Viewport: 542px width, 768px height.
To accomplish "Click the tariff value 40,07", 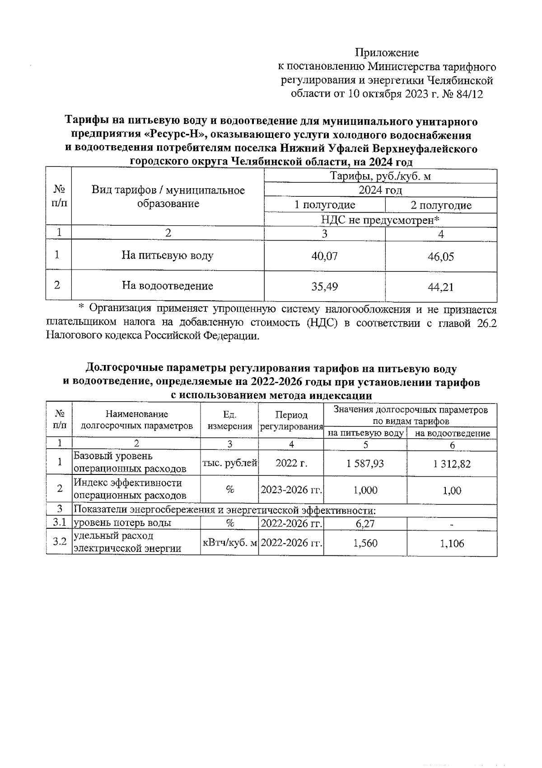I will pos(324,256).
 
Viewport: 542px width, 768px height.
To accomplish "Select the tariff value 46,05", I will pos(440,257).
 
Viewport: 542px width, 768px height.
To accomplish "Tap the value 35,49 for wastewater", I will pos(324,286).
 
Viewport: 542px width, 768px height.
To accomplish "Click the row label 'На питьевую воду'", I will pos(168,256).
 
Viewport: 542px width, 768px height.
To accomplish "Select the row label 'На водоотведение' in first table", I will pos(168,286).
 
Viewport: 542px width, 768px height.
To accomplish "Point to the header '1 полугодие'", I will pos(324,205).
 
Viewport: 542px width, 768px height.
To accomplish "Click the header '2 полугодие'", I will pos(441,206).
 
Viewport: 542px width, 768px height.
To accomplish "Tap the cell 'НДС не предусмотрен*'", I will pos(380,220).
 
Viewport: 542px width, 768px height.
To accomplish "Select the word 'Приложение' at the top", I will pos(387,53).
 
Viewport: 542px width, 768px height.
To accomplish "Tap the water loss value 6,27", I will pos(365,524).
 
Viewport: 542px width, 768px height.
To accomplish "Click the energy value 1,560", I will pos(365,543).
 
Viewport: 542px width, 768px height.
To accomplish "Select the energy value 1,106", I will pos(452,544).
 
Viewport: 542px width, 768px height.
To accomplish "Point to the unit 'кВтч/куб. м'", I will pos(229,543).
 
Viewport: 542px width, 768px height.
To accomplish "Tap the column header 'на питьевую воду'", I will pos(365,433).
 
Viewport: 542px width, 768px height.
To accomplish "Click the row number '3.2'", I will pos(59,541).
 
